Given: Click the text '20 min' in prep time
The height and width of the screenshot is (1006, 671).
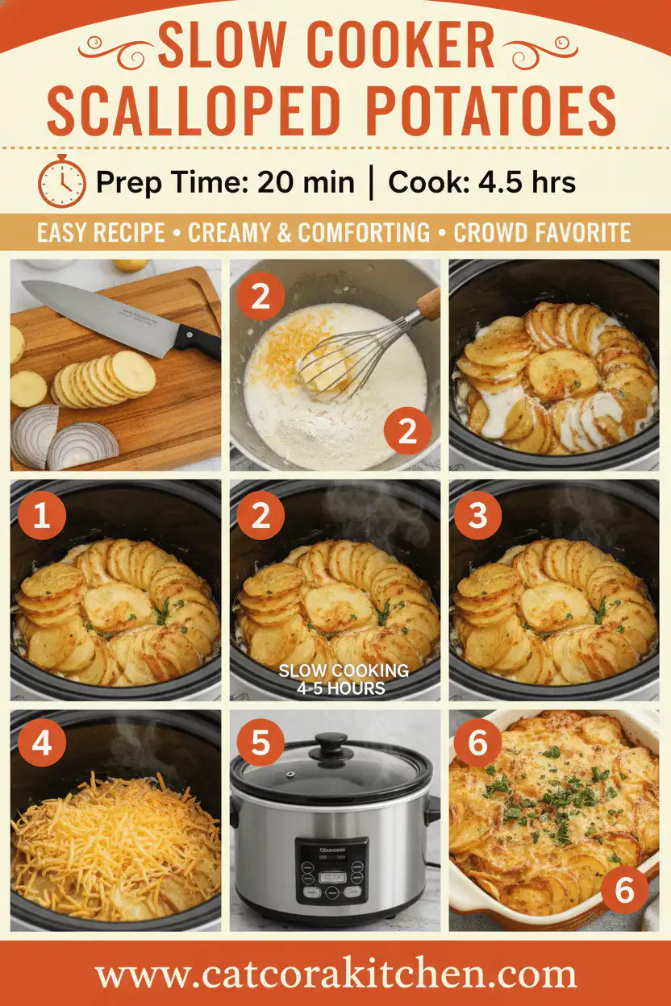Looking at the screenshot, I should coord(306,182).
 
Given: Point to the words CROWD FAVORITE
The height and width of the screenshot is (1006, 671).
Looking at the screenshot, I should coord(541,233).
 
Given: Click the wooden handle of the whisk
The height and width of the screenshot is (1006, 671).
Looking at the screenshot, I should coord(427,305).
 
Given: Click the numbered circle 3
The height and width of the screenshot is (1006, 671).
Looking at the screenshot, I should coord(479,516).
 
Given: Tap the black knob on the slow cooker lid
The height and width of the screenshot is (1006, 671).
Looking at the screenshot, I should coord(331,744).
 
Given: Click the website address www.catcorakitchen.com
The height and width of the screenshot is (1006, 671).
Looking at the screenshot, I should coord(335,975).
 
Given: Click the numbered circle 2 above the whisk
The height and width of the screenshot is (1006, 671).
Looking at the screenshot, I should coord(260,297).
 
